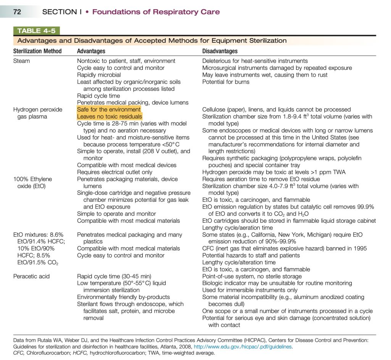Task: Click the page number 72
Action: coord(17,12)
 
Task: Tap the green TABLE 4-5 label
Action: coord(36,31)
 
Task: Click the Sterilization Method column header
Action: coord(37,51)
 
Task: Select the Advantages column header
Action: coord(91,51)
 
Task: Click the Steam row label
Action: coord(22,61)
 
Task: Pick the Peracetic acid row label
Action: coord(31,276)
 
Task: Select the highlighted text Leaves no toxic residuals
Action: coord(110,116)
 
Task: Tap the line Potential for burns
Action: coord(226,82)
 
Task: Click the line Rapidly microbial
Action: coord(99,75)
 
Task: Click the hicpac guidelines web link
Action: coord(243,347)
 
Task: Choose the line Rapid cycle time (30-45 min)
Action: coord(114,276)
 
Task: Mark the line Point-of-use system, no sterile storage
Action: coord(252,276)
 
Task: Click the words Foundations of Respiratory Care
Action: coord(156,12)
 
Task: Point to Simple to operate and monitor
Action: coord(116,214)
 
